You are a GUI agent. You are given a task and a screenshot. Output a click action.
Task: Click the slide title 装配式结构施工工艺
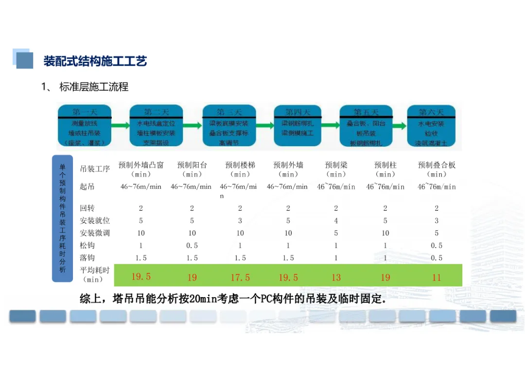click(x=95, y=61)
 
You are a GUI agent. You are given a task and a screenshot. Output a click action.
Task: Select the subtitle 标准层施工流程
click(x=94, y=87)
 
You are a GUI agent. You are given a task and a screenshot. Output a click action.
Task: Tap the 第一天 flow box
click(x=85, y=126)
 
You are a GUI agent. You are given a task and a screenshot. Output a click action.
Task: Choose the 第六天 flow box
click(x=431, y=126)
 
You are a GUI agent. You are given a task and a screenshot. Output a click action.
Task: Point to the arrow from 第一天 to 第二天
click(x=120, y=126)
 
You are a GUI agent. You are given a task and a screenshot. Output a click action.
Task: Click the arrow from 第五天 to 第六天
click(x=399, y=126)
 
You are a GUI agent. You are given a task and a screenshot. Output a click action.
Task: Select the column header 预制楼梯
click(x=240, y=165)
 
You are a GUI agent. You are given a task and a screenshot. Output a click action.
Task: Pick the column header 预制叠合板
click(x=437, y=165)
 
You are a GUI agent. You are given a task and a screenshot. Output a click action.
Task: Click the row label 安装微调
click(x=95, y=233)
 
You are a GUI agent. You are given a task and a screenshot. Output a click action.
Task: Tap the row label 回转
click(x=87, y=208)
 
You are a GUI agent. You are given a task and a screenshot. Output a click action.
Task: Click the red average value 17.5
click(x=240, y=277)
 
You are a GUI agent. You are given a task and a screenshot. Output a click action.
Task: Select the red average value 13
click(x=336, y=277)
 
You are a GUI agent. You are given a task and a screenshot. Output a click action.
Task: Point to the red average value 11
click(x=437, y=277)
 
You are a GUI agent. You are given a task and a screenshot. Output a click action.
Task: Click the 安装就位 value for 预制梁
click(x=336, y=221)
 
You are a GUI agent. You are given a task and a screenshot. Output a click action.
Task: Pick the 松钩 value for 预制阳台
click(x=192, y=246)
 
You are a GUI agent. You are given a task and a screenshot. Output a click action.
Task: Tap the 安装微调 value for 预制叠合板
click(x=437, y=233)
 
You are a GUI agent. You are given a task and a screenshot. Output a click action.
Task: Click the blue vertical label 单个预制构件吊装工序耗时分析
click(x=62, y=218)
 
